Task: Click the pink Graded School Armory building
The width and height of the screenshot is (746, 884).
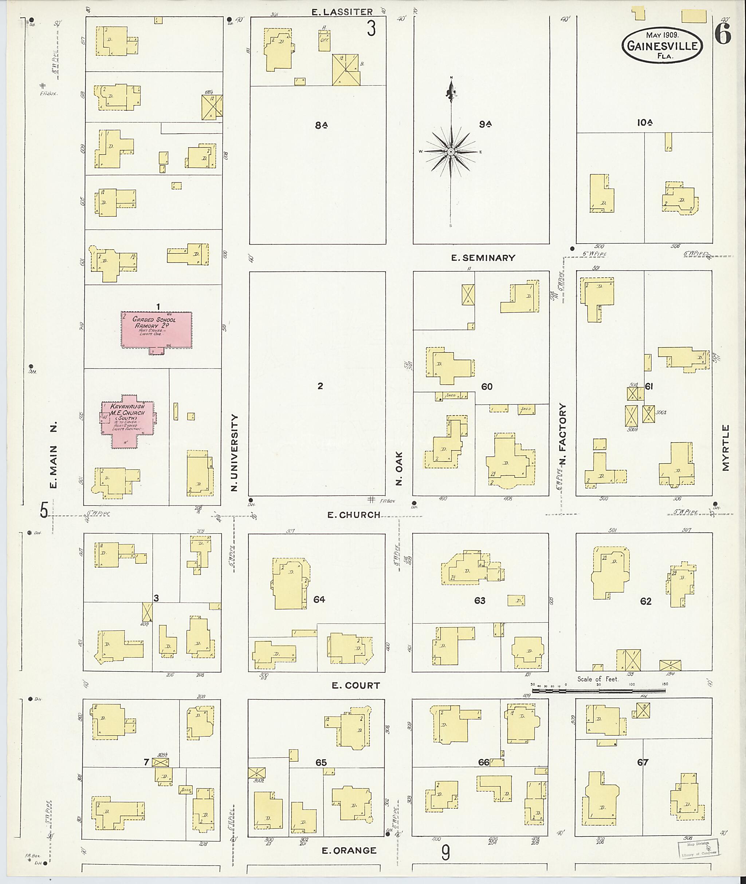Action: point(157,330)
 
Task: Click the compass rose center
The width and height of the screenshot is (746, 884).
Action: point(451,151)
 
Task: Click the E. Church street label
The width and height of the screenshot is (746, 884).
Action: point(354,515)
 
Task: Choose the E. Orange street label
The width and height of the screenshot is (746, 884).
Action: point(349,850)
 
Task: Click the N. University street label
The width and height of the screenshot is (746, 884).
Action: point(234,452)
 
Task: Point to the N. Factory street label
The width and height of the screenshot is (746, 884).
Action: point(562,433)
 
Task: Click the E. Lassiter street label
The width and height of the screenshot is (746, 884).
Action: point(342,12)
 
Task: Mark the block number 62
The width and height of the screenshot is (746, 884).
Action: point(645,601)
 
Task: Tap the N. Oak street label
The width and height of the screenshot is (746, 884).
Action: point(399,468)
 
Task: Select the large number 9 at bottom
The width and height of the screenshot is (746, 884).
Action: point(445,853)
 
